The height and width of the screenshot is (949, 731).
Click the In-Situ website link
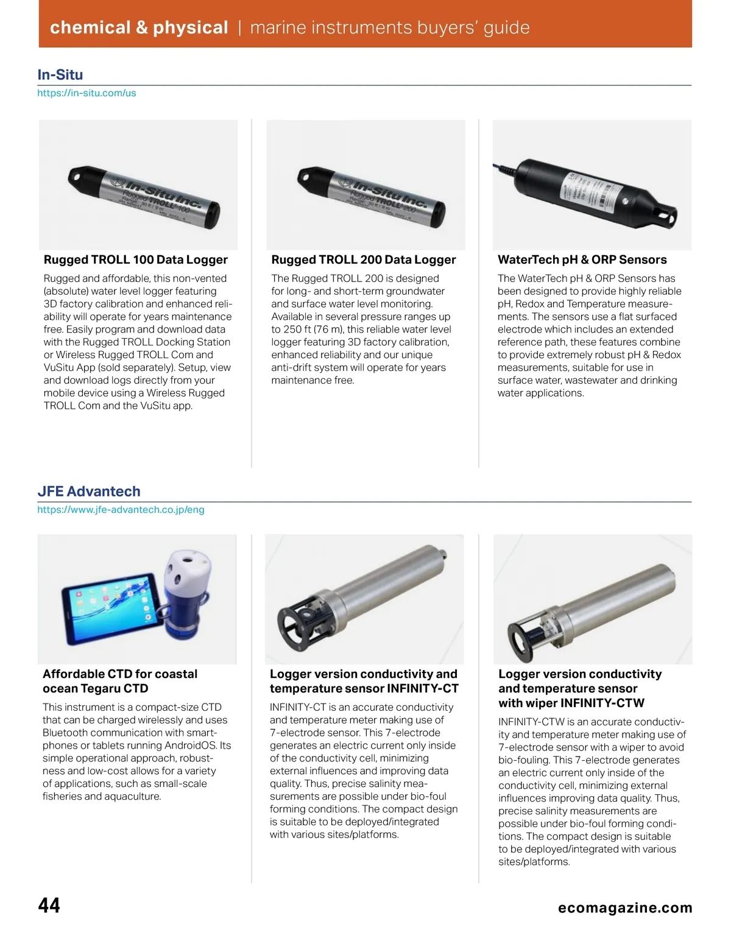click(87, 93)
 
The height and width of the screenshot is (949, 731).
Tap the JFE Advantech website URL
click(121, 510)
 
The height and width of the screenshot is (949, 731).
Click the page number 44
click(49, 905)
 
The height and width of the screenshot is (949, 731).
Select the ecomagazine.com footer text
click(625, 908)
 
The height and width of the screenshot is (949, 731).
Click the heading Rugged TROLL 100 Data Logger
click(135, 260)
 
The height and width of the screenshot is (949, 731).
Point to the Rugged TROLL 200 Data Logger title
click(363, 260)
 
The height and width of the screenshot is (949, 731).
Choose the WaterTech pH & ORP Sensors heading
click(582, 260)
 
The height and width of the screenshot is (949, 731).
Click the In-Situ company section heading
click(60, 75)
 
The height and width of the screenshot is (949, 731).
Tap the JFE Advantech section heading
click(89, 492)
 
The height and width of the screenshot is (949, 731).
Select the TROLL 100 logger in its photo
click(144, 197)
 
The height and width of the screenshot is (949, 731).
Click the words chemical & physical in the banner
click(139, 27)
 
